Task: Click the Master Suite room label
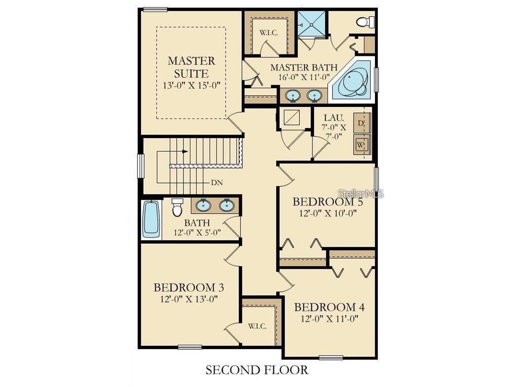[x=191, y=67]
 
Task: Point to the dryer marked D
[x=362, y=123]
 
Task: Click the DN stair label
[x=217, y=182]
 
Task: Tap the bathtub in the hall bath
[x=151, y=219]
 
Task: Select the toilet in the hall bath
[x=177, y=207]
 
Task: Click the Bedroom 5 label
[x=328, y=202]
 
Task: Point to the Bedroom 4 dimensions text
[x=330, y=318]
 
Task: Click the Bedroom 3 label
[x=189, y=287]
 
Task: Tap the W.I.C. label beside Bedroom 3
[x=257, y=326]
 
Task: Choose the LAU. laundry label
[x=334, y=117]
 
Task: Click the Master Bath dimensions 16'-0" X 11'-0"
[x=304, y=77]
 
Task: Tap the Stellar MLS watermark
[x=361, y=193]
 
